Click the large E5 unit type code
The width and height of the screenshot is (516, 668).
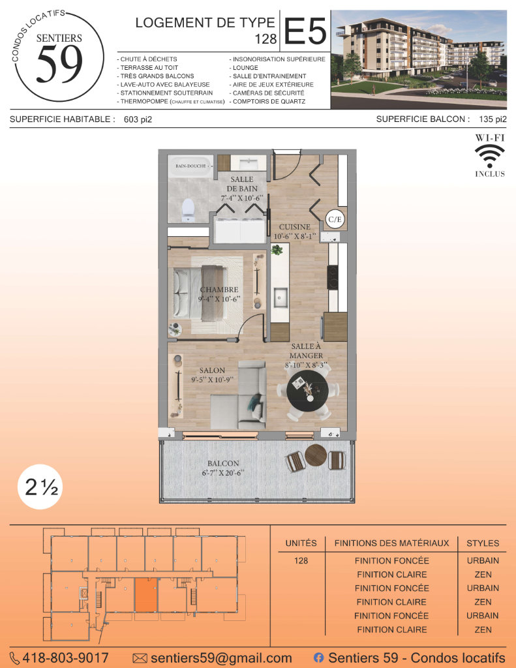305,31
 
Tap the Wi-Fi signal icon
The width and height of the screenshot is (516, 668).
490,155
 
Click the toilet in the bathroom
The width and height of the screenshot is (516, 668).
189,210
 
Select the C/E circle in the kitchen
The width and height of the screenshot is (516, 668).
335,219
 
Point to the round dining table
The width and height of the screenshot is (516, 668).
307,390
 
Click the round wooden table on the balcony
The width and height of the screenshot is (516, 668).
316,455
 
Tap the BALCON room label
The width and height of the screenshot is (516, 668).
223,464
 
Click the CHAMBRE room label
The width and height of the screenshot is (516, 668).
219,290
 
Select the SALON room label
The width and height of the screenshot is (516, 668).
212,371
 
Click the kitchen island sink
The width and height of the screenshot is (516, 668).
281,297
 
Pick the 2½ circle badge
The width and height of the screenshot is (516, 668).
40,487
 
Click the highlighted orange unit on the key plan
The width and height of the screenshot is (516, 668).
146,595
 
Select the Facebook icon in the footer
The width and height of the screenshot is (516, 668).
319,658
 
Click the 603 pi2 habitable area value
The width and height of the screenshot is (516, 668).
138,120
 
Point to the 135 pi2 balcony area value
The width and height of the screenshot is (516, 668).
493,119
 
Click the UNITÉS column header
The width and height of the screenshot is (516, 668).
301,543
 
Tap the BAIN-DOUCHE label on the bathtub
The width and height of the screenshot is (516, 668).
190,166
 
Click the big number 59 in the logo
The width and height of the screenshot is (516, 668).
59,64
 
